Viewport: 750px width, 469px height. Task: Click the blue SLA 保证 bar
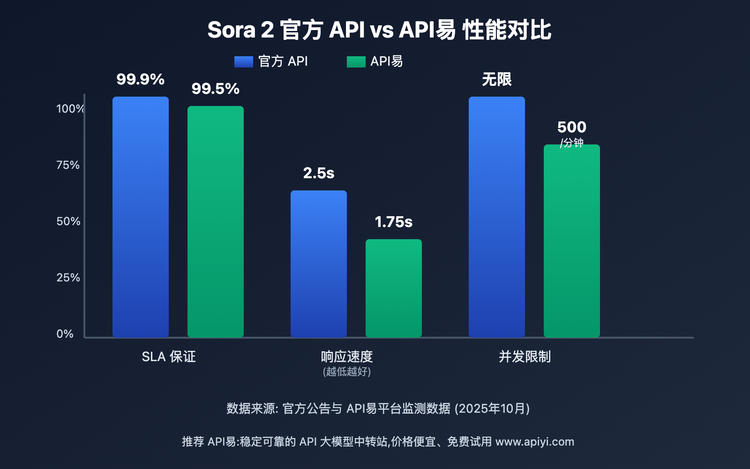click(141, 217)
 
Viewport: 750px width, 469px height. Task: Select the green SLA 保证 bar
click(216, 221)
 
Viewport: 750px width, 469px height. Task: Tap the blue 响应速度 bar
click(319, 264)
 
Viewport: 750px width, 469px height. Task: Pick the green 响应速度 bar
click(394, 288)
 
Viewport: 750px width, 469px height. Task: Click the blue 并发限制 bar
click(497, 217)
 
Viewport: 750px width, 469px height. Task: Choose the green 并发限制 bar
click(572, 241)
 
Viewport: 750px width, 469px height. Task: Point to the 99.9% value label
click(141, 79)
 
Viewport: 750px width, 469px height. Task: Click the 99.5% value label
click(216, 89)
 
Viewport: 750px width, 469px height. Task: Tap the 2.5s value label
click(319, 173)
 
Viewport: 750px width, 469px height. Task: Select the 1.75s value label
click(394, 222)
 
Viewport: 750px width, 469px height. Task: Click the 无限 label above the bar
click(497, 79)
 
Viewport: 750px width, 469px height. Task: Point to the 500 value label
click(572, 127)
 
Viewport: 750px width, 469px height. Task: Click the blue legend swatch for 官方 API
click(244, 61)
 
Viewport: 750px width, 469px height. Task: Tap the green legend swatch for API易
click(356, 61)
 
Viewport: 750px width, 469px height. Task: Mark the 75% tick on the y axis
click(68, 165)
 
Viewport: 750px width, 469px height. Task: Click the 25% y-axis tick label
click(68, 278)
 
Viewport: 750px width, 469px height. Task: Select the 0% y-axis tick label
click(65, 334)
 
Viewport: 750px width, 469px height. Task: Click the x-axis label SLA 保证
click(169, 357)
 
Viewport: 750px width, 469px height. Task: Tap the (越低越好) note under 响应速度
click(347, 372)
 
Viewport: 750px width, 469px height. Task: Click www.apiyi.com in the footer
click(535, 442)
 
